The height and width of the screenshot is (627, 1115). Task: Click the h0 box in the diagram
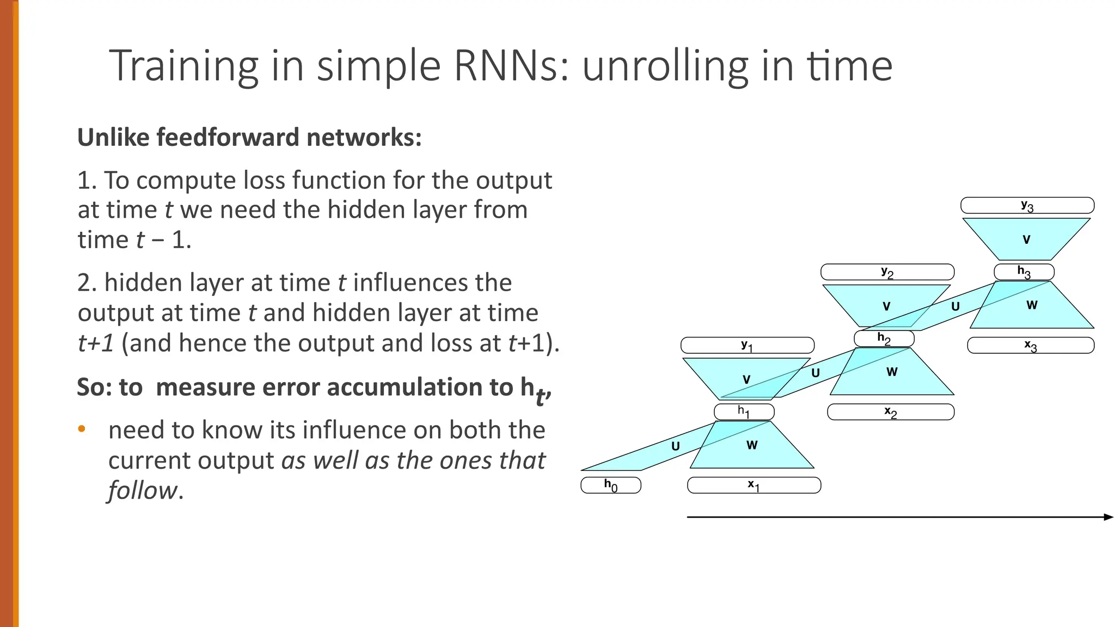coord(611,485)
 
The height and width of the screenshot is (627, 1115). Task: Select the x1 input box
coord(754,485)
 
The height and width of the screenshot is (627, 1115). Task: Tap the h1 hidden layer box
coord(744,411)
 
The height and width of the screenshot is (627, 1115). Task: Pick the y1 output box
coord(747,345)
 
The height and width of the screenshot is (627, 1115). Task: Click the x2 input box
coord(891,412)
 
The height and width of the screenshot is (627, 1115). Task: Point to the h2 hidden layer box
coord(884,339)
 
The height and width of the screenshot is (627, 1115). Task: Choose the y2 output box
coord(887,272)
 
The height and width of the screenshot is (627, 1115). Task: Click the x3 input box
coord(1031,346)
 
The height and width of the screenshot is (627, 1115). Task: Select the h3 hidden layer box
coord(1024,272)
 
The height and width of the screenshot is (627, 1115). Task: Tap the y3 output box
coord(1027,205)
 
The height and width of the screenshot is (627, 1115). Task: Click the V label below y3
coord(1027,239)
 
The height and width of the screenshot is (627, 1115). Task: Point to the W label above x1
coord(752,445)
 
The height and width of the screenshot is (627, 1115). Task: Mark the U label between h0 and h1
coord(676,446)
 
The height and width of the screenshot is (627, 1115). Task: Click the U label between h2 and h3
coord(955,306)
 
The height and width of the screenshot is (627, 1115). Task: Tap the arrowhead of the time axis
coord(1109,517)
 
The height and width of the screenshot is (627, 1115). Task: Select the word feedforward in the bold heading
coord(228,137)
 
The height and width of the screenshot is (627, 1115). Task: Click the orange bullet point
coord(82,429)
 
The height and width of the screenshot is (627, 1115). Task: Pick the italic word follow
coord(143,490)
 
